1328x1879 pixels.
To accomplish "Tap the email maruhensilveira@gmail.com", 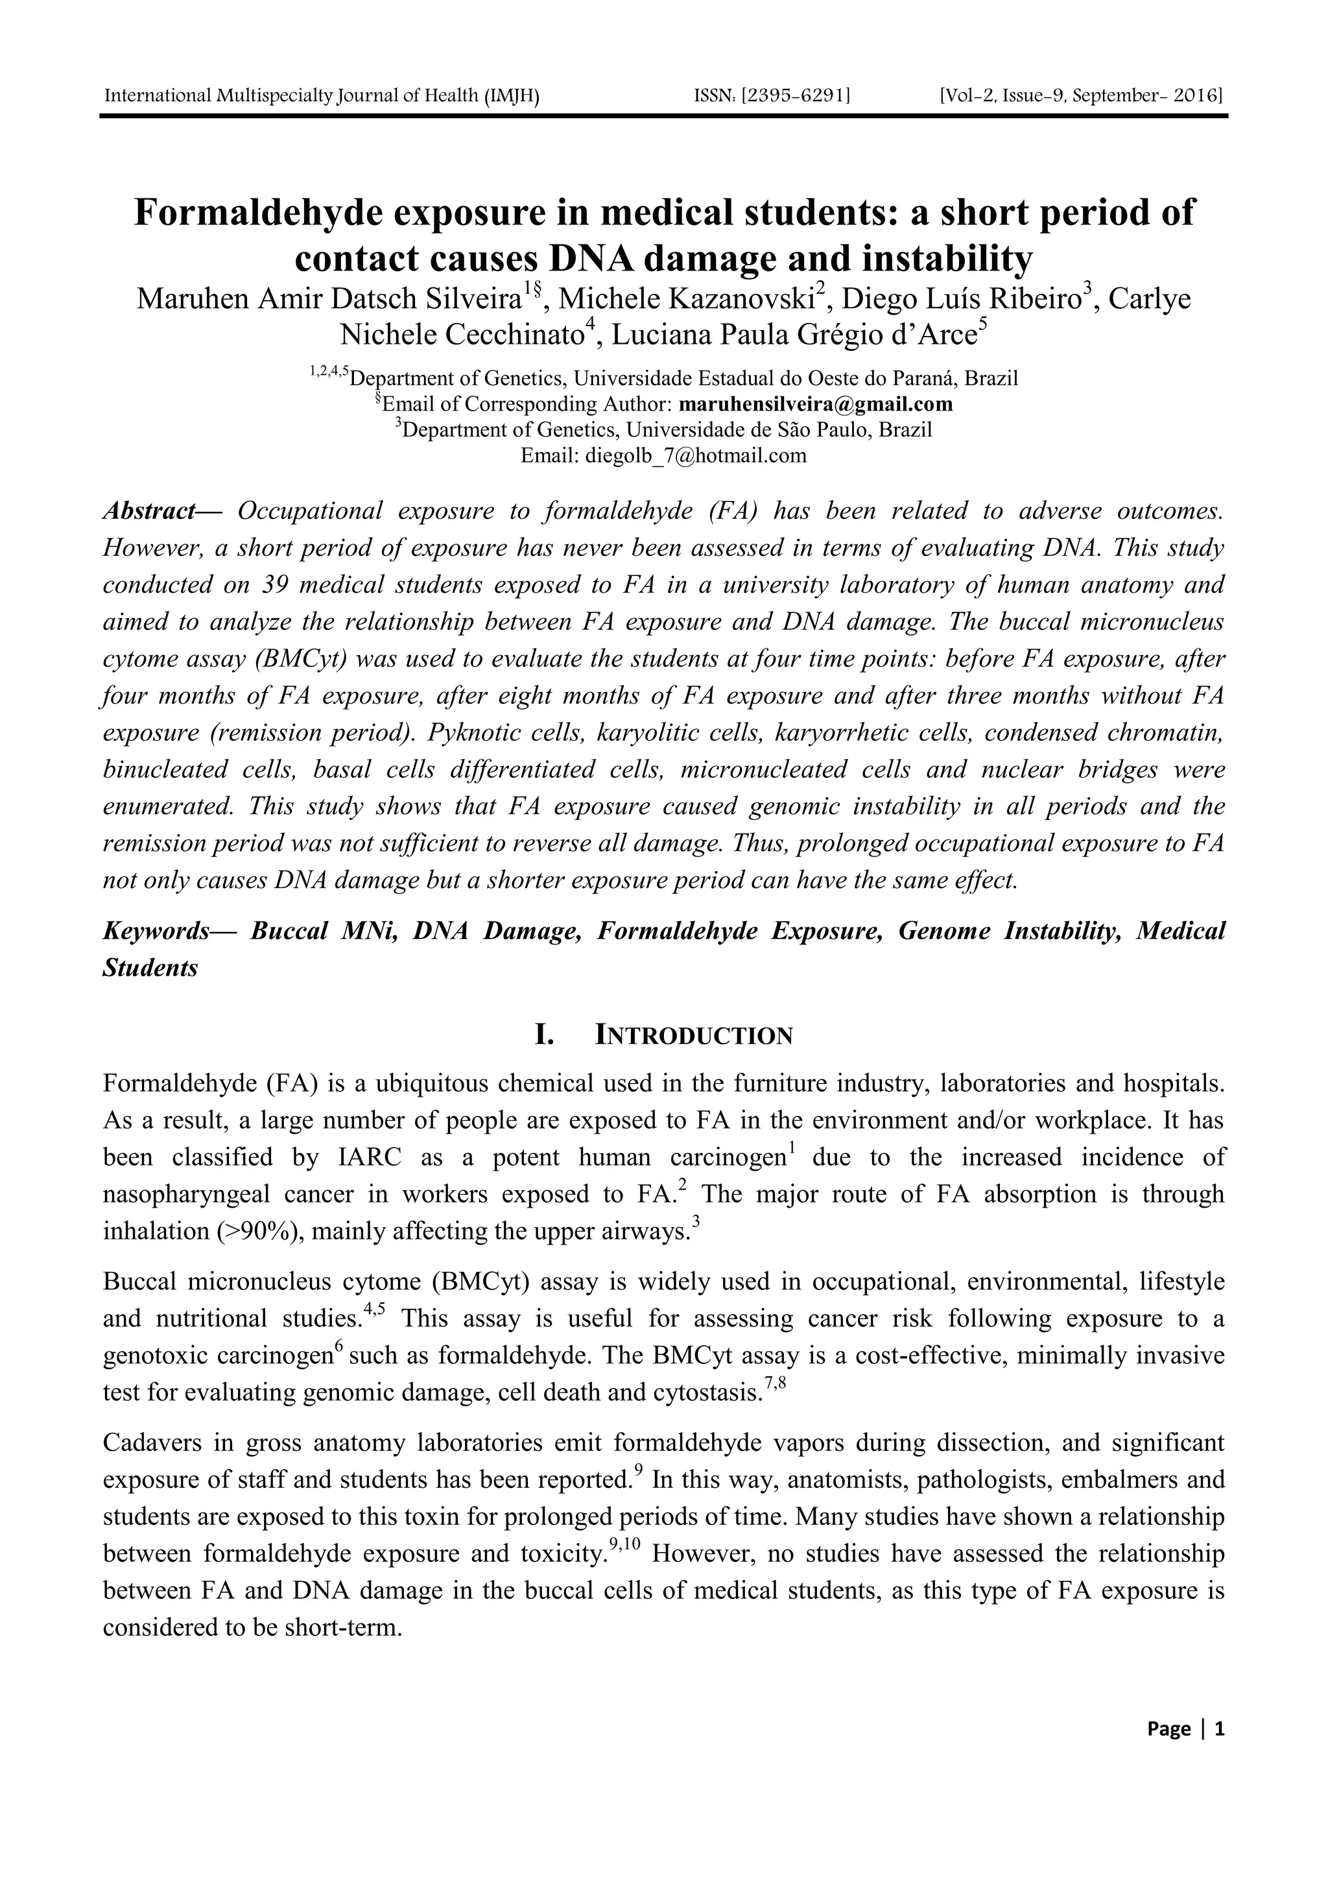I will [816, 403].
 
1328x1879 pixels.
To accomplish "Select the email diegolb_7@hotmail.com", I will [696, 455].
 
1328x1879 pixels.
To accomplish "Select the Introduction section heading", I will [693, 1035].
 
